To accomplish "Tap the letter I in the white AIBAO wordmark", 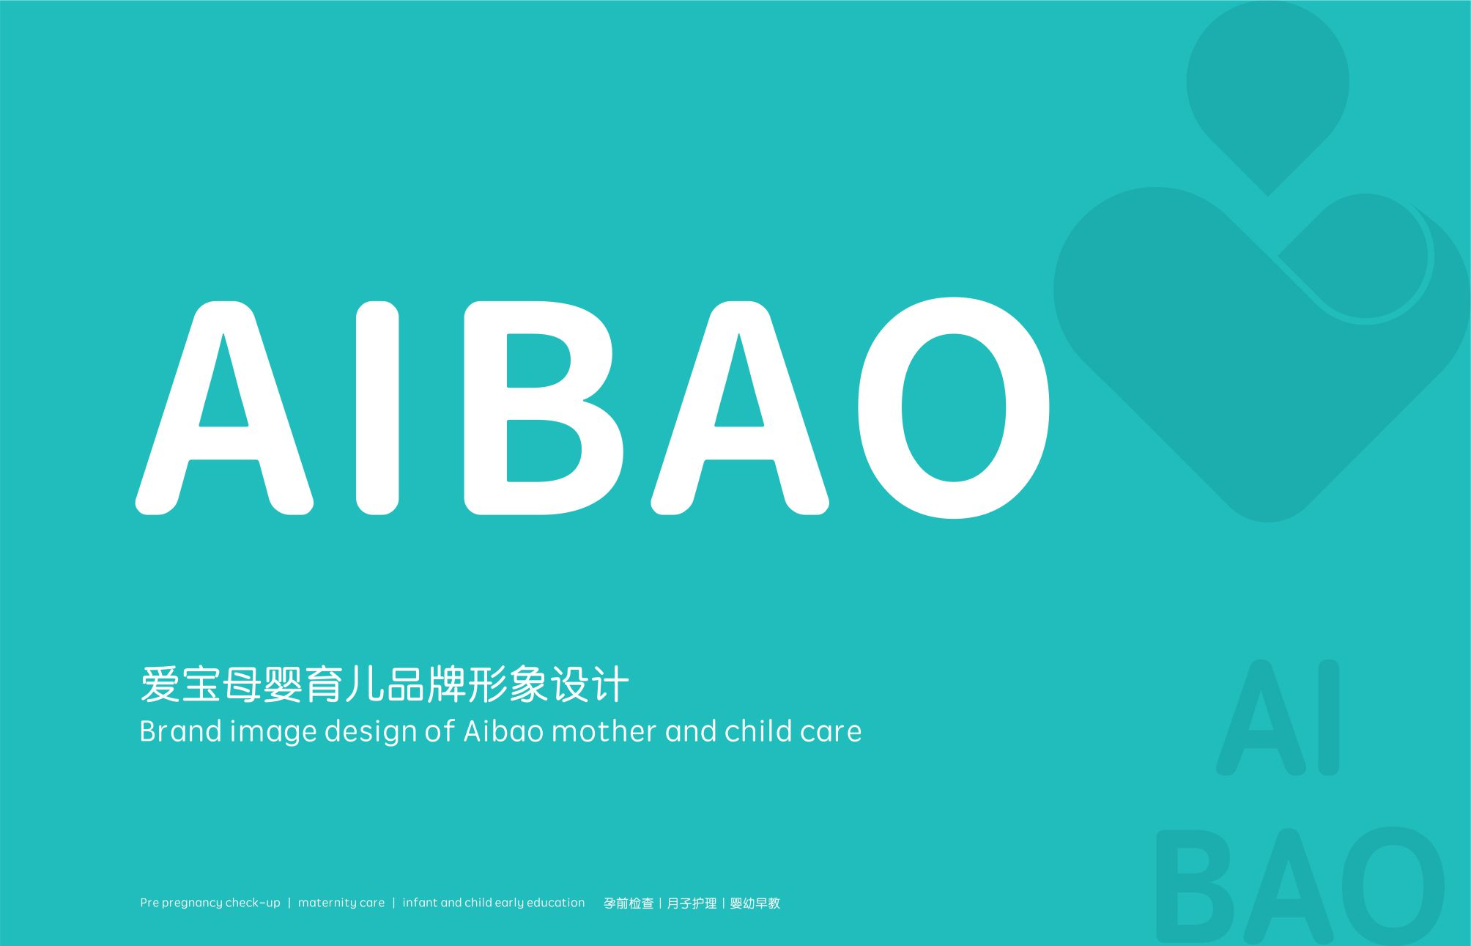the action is (377, 407).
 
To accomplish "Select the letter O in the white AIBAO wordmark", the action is (954, 407).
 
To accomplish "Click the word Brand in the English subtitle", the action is (180, 731).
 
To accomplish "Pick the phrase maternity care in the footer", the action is (341, 903).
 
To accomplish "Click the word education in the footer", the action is (555, 903).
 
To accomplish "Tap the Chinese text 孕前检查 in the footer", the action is (629, 903).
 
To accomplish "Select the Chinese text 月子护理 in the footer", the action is (692, 903).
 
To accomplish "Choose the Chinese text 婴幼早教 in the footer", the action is (755, 903).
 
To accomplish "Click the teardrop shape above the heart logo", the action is (1268, 92).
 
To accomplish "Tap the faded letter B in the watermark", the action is (1194, 886).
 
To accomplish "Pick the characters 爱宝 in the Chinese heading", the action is (179, 684).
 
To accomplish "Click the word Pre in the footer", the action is (149, 903).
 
